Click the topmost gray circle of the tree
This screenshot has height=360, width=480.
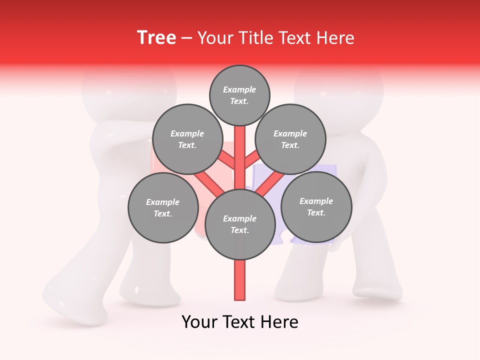click(x=239, y=95)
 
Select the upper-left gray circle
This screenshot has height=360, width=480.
click(x=187, y=139)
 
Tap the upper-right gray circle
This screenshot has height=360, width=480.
click(x=290, y=139)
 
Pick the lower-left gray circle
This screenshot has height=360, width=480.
click(x=163, y=207)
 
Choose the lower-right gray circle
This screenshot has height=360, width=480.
click(x=316, y=206)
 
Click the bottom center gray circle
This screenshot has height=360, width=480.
click(x=240, y=224)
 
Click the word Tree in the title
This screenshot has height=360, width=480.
click(x=156, y=37)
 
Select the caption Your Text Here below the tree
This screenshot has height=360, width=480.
click(x=240, y=322)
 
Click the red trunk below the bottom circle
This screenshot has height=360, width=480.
click(x=240, y=280)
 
